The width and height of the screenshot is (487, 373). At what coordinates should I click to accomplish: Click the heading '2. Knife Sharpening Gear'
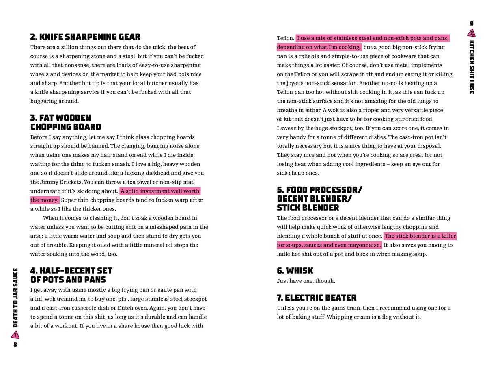(x=85, y=37)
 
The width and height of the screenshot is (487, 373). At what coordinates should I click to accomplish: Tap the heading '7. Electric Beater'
(x=317, y=297)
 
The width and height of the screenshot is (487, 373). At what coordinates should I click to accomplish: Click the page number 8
(x=15, y=345)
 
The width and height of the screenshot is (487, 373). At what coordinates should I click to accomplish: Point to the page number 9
(x=472, y=23)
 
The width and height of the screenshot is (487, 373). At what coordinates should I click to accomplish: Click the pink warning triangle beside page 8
(x=15, y=335)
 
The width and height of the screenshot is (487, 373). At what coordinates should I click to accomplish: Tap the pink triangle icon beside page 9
(x=472, y=33)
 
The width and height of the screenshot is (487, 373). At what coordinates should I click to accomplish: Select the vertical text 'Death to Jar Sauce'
(x=15, y=298)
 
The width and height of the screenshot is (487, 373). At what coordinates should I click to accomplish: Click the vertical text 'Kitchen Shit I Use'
(x=472, y=67)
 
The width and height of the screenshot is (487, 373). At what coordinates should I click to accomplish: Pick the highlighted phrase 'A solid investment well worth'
(x=160, y=191)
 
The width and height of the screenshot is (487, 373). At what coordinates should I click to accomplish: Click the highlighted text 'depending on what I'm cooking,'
(x=319, y=47)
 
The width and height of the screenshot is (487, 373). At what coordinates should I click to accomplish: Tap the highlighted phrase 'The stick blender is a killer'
(x=420, y=236)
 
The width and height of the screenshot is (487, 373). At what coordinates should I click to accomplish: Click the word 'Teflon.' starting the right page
(x=286, y=38)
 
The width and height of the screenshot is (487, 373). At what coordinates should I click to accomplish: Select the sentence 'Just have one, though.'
(x=306, y=281)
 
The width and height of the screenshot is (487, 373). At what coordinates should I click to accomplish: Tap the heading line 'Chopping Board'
(x=65, y=127)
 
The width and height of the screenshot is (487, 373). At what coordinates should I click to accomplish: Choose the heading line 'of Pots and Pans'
(x=68, y=280)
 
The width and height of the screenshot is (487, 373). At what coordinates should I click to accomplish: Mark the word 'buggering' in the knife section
(x=43, y=101)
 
